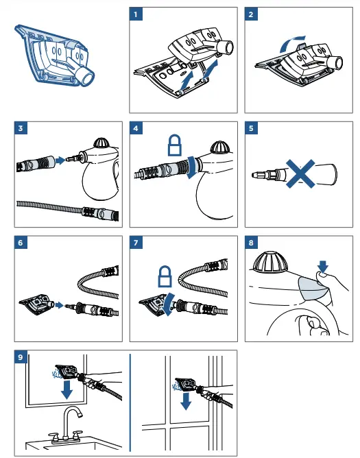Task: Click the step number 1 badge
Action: (x=136, y=14)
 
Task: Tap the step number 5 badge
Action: (x=251, y=128)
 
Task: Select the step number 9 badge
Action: (x=21, y=357)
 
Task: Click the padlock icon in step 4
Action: (x=174, y=145)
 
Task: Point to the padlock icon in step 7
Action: (x=165, y=276)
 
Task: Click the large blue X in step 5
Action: (x=300, y=173)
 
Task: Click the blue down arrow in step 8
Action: (x=322, y=267)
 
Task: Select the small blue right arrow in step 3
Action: (x=60, y=160)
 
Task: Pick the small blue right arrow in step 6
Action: (x=60, y=305)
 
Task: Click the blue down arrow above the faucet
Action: (x=67, y=389)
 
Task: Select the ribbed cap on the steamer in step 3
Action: (x=101, y=143)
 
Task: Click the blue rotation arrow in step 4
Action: (x=191, y=167)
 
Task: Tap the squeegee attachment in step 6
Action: (x=37, y=305)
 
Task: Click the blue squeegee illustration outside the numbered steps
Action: (x=54, y=56)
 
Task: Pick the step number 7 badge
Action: (x=136, y=243)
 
